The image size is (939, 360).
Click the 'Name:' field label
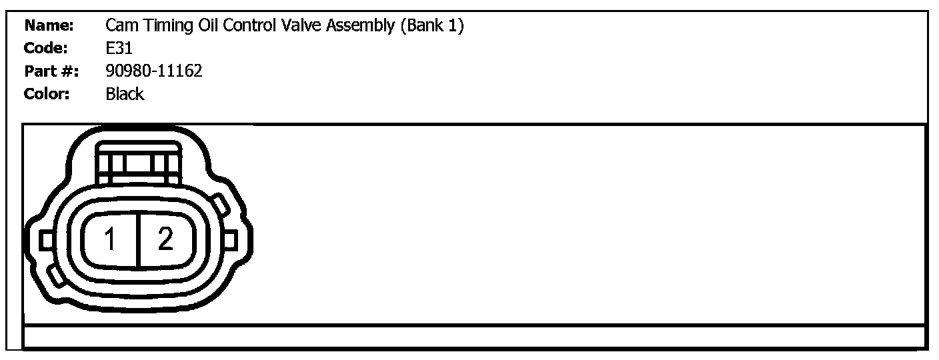(x=49, y=26)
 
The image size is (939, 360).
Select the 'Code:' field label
(x=46, y=48)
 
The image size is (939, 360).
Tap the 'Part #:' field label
(x=51, y=71)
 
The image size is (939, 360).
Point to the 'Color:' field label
(x=47, y=94)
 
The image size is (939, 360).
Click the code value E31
(x=119, y=48)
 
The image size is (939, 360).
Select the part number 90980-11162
(x=154, y=71)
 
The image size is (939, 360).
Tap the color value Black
(x=125, y=94)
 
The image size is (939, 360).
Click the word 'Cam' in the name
(x=121, y=26)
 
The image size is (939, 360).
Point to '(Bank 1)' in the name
(x=432, y=27)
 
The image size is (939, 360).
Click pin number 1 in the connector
(x=111, y=239)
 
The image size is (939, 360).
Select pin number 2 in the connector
(x=165, y=239)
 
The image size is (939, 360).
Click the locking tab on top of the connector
(x=137, y=161)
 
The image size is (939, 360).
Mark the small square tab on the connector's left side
(x=46, y=240)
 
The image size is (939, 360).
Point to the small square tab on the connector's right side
(x=230, y=239)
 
